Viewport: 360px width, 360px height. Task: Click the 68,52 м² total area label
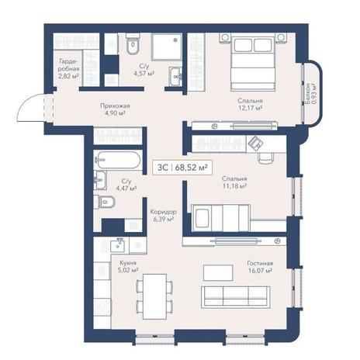pos(192,168)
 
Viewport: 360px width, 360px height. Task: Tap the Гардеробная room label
pos(69,69)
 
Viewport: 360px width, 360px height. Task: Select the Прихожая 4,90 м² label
pos(115,109)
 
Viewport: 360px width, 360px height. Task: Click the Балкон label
pos(310,94)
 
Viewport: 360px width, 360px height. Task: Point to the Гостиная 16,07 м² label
pos(260,267)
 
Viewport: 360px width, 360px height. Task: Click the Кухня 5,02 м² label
pos(128,267)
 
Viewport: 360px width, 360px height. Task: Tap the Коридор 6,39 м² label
pos(164,216)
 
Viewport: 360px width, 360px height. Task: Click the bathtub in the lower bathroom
pos(118,160)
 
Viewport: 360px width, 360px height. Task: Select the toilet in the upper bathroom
pos(133,45)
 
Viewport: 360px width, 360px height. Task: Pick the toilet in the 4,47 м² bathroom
pos(104,202)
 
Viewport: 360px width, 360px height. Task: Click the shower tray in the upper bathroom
pos(166,47)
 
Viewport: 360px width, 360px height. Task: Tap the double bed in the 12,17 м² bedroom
pos(253,64)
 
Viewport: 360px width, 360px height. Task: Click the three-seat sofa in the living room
pos(236,297)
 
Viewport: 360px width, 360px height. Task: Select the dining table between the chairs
pos(154,296)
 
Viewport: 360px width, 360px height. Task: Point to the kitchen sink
pos(119,244)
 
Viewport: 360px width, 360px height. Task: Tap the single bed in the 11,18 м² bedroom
pos(220,217)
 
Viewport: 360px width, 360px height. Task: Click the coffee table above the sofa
pos(218,272)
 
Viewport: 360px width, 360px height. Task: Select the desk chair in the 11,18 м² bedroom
pos(266,158)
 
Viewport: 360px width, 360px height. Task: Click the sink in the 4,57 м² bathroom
pos(175,76)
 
